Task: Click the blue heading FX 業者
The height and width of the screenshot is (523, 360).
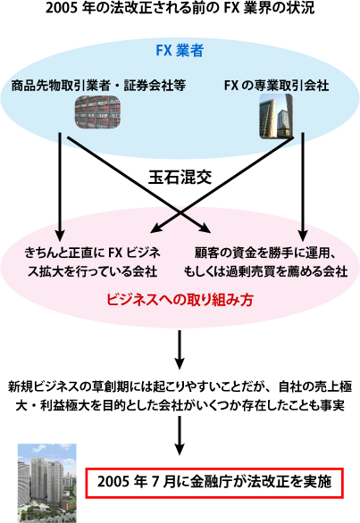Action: tap(180, 51)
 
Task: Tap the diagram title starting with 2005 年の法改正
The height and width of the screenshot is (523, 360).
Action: tap(180, 8)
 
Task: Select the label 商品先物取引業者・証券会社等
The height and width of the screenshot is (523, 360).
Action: tap(98, 86)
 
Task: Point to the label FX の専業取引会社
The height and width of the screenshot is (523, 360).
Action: tap(277, 86)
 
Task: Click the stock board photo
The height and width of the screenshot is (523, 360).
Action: tap(97, 112)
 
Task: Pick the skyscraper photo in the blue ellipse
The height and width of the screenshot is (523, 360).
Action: tap(277, 116)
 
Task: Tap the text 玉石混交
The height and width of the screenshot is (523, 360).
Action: tap(180, 177)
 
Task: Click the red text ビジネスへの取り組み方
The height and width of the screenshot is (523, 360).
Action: tap(180, 299)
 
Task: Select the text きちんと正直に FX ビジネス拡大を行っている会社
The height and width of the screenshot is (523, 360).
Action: tap(92, 262)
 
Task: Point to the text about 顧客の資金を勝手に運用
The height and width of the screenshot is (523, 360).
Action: tap(266, 262)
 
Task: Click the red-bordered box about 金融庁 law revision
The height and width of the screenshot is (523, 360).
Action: tap(214, 484)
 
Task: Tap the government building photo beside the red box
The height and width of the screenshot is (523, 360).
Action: tap(47, 483)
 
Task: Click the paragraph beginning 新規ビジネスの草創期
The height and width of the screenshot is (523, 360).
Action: tap(180, 396)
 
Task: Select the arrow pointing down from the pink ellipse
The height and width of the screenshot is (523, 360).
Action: tap(180, 350)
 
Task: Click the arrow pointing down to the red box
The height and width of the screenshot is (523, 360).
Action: tap(180, 436)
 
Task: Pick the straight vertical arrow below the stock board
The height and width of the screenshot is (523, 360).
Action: tap(60, 187)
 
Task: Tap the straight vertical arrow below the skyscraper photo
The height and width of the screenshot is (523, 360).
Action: tap(303, 187)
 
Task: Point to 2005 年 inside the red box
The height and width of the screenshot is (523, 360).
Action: tap(122, 482)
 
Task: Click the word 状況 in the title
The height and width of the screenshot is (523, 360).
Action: tap(301, 8)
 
